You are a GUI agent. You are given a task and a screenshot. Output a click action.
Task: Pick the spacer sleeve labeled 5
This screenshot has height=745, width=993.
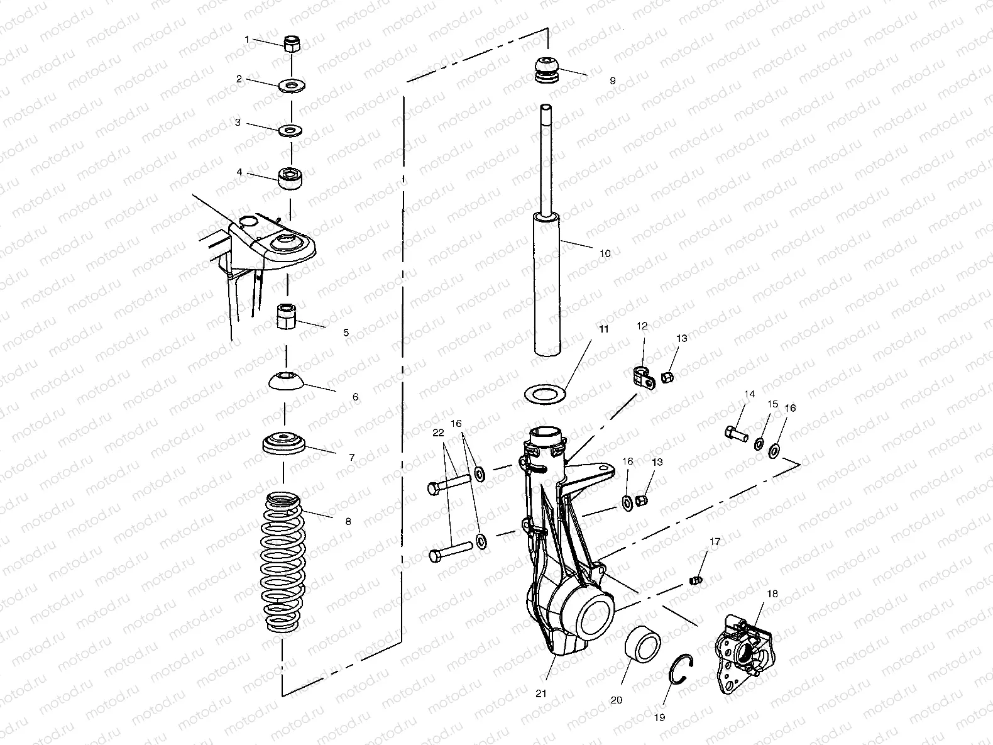click(x=287, y=316)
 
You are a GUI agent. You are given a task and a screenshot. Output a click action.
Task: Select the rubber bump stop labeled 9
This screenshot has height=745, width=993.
click(x=547, y=70)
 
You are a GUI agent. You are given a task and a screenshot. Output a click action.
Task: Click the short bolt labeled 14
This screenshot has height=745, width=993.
click(x=737, y=433)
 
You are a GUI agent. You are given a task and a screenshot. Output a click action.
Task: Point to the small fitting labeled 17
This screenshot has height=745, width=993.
click(x=696, y=579)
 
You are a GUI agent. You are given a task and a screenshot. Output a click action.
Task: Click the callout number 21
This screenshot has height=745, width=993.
click(x=541, y=693)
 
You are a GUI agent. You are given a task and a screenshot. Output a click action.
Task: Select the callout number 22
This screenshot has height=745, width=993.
click(x=438, y=433)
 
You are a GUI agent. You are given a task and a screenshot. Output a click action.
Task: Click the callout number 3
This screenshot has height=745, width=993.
click(x=238, y=123)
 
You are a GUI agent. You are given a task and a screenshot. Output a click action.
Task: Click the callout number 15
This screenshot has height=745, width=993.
click(x=773, y=404)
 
